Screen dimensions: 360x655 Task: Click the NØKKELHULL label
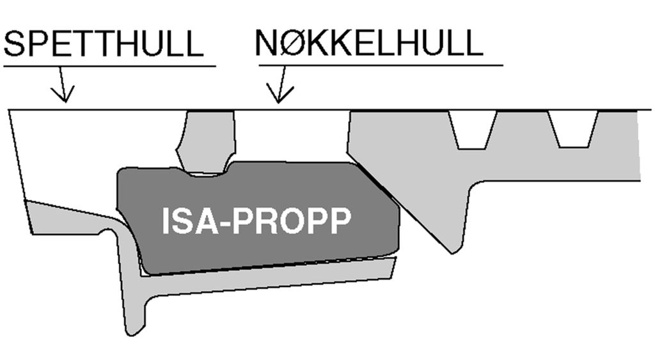[368, 43]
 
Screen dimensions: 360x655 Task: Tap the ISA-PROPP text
[256, 222]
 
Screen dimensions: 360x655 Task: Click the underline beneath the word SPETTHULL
[109, 65]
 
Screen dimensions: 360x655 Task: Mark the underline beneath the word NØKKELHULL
[381, 65]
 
